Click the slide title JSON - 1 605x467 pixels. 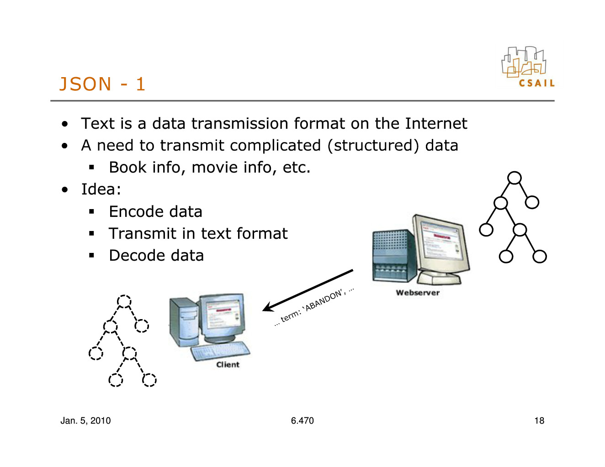pyautogui.click(x=102, y=84)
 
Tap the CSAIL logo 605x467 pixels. pyautogui.click(x=528, y=67)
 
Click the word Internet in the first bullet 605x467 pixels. pyautogui.click(x=436, y=124)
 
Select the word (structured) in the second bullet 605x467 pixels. pyautogui.click(x=373, y=146)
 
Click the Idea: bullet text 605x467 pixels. pyautogui.click(x=101, y=189)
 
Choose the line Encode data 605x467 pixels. pyautogui.click(x=155, y=211)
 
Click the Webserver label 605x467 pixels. pyautogui.click(x=418, y=293)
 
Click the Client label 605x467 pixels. pyautogui.click(x=228, y=365)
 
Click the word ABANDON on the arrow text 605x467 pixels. pyautogui.click(x=324, y=300)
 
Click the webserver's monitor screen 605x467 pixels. pyautogui.click(x=440, y=241)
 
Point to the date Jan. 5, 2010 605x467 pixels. pyautogui.click(x=85, y=421)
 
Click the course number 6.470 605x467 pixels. pyautogui.click(x=302, y=421)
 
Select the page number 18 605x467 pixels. pyautogui.click(x=539, y=421)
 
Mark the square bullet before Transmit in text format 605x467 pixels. pyautogui.click(x=91, y=233)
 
